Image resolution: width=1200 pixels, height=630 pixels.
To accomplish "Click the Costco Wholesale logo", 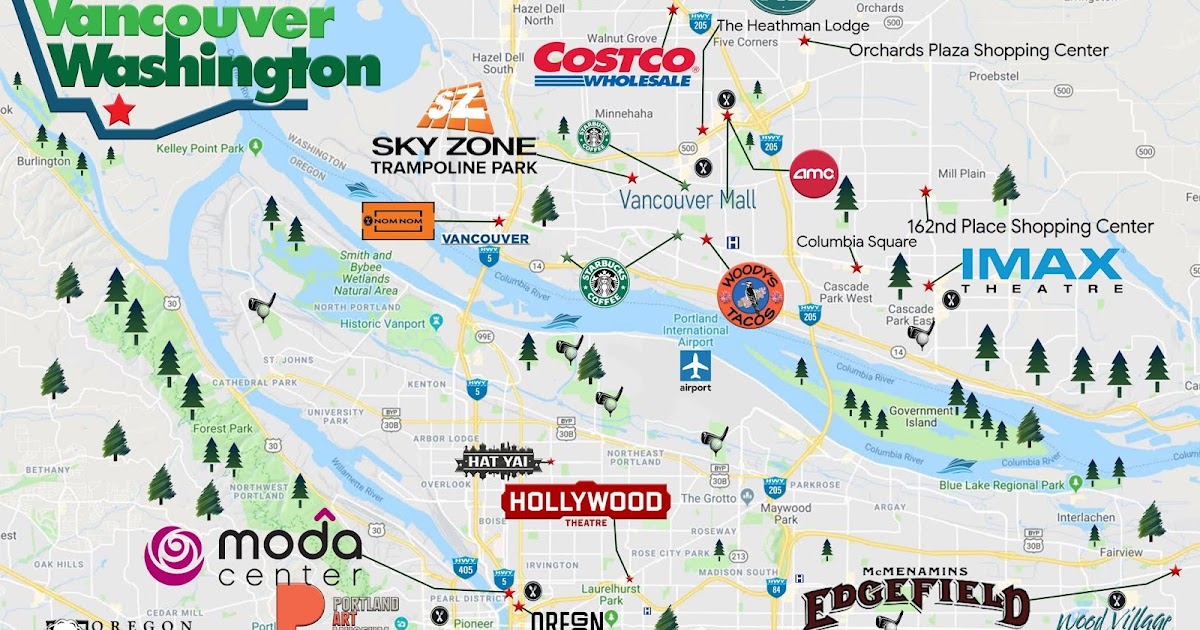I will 614,64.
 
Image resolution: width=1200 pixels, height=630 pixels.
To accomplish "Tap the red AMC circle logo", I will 813,174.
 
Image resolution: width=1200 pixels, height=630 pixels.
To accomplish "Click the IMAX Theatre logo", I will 1041,270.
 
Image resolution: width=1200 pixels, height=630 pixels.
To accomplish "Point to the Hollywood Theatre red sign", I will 586,504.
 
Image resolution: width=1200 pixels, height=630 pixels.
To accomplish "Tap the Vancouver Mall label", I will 687,199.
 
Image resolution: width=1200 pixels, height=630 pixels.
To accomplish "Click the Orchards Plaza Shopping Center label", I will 978,50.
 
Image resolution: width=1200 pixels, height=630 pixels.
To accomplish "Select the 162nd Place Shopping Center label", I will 1030,227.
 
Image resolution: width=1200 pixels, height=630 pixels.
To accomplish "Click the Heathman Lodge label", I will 793,26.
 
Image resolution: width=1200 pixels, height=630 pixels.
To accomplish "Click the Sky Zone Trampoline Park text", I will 453,155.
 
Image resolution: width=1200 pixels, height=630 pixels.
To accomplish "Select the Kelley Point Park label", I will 200,149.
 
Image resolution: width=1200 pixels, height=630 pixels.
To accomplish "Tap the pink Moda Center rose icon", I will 174,555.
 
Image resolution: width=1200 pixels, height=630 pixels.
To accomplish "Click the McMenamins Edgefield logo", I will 915,600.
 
